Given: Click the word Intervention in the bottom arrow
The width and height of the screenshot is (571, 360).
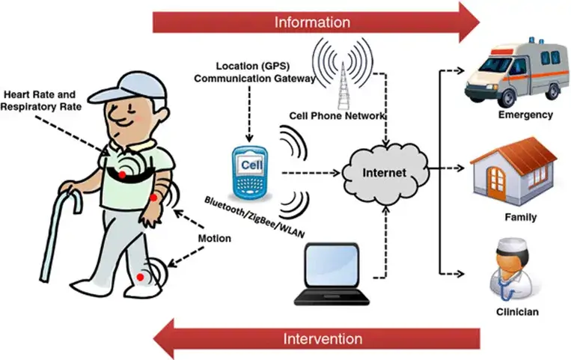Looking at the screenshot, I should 323,338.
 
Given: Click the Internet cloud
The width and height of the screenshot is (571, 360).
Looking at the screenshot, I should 384,173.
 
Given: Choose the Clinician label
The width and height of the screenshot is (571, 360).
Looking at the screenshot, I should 516,311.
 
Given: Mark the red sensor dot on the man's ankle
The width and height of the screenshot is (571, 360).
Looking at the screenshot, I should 140,278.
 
